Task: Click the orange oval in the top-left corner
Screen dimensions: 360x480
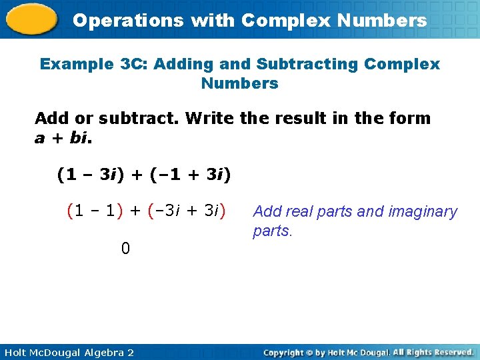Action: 31,19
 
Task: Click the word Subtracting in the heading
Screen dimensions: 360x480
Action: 301,64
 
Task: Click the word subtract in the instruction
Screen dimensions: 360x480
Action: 139,119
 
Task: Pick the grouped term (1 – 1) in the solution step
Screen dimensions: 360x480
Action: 95,211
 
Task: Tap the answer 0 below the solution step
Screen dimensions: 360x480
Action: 125,249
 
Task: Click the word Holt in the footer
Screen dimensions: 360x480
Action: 16,352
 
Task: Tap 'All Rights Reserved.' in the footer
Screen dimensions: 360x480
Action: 433,352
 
